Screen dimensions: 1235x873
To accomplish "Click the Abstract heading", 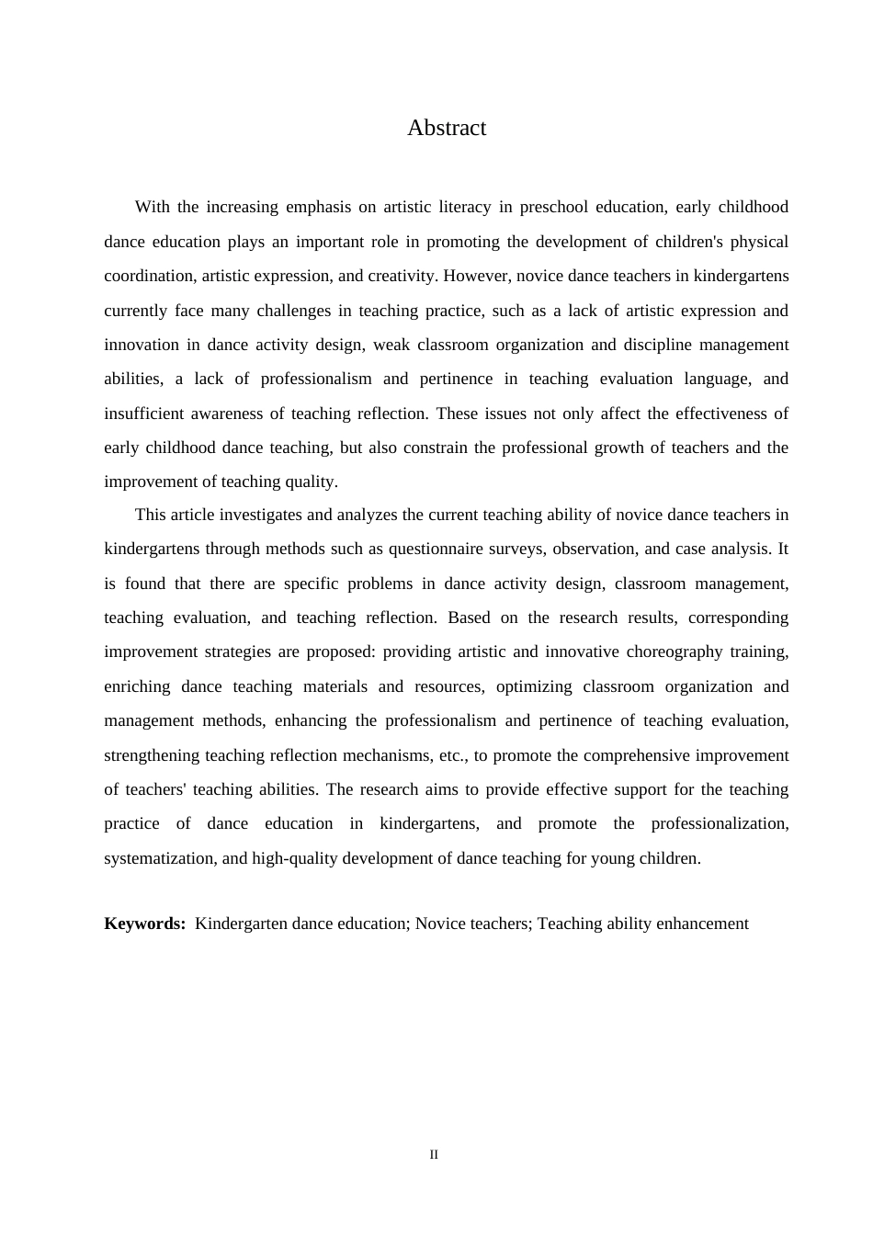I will [x=446, y=128].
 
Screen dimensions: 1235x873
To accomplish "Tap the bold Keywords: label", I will [x=144, y=923].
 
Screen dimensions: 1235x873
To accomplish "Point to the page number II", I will [x=434, y=1155].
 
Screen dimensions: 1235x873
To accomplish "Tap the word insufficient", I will [x=143, y=414].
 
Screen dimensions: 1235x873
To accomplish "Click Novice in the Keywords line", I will [x=441, y=923].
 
